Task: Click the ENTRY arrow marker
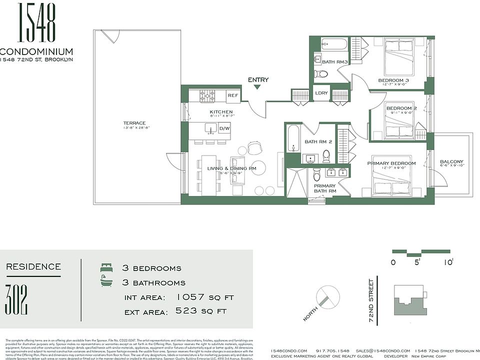pos(257,87)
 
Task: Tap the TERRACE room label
pos(134,123)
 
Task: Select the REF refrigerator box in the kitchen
pos(232,95)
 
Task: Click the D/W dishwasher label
pos(224,129)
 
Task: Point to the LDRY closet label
pos(321,93)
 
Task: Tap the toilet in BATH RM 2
pos(326,155)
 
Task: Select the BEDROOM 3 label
pos(393,80)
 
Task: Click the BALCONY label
pos(451,162)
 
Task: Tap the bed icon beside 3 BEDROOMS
pos(106,268)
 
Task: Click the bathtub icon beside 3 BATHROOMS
pos(106,282)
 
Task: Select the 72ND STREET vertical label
pos(371,300)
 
